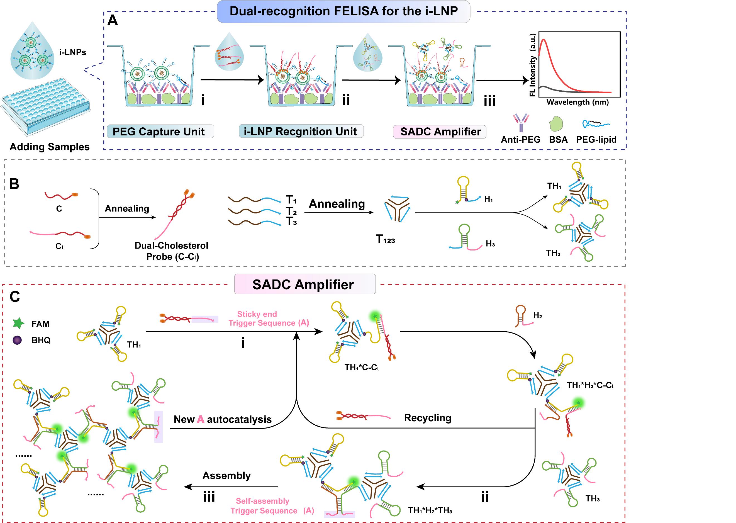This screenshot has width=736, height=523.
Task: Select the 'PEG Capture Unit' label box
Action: point(160,132)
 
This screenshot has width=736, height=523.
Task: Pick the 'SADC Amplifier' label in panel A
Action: point(440,132)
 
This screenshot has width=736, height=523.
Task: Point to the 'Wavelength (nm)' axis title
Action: point(577,103)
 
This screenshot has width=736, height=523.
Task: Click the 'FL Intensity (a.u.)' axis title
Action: point(533,64)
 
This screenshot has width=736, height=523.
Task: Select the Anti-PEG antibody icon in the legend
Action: point(520,122)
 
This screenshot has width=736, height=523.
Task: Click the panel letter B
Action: point(14,184)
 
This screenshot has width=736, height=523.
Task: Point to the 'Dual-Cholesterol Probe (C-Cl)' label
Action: point(172,251)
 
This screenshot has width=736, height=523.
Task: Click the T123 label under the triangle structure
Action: point(385,239)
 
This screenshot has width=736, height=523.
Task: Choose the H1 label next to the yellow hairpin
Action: point(488,199)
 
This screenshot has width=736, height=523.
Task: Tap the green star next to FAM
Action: point(18,323)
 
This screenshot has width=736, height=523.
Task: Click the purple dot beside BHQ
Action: point(17,340)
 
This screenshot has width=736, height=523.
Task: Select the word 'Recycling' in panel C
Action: point(427,418)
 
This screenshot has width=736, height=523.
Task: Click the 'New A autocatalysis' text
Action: point(223,419)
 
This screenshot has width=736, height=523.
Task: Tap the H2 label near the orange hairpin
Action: point(537,315)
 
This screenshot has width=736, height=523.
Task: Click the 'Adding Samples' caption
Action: point(49,147)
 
